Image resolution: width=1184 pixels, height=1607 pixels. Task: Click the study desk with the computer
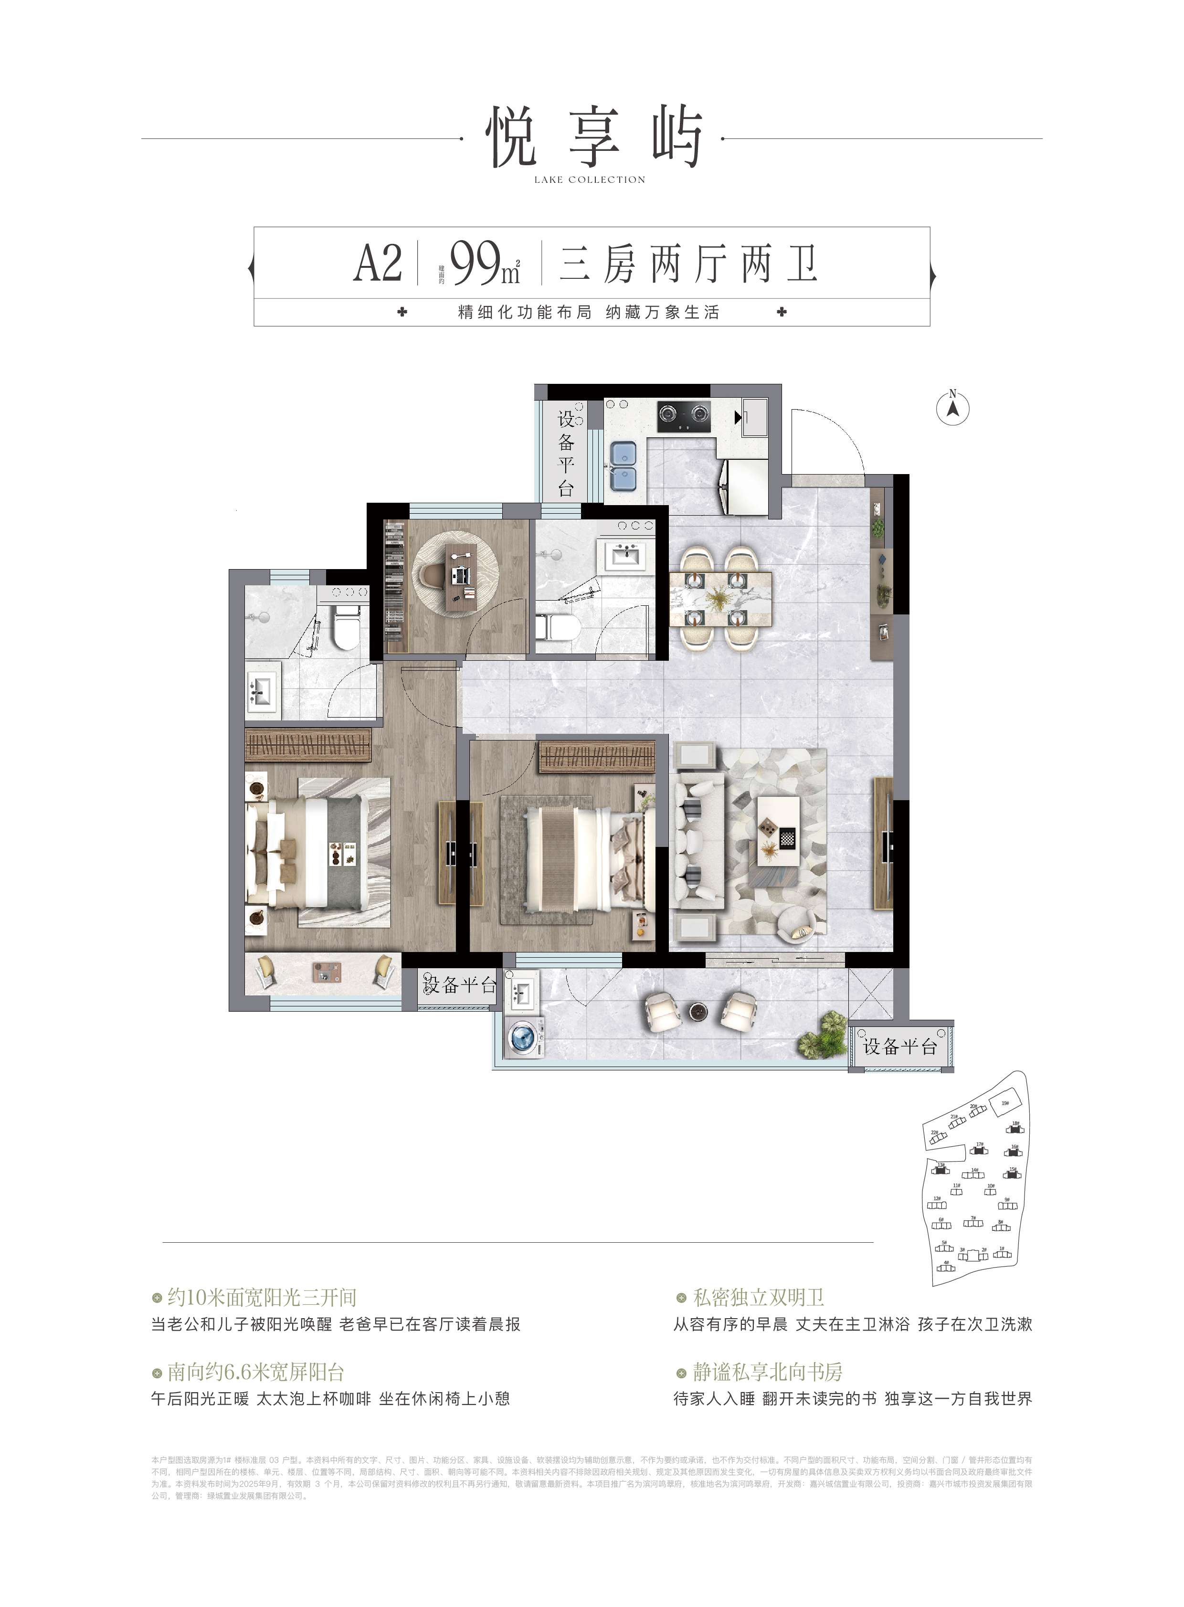coord(459,576)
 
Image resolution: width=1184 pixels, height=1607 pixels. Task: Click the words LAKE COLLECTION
coord(590,180)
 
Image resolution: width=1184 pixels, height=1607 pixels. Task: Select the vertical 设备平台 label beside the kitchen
coord(566,454)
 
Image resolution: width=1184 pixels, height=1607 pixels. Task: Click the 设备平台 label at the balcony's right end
coord(900,1047)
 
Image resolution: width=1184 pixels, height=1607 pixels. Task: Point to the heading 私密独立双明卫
coord(758,1297)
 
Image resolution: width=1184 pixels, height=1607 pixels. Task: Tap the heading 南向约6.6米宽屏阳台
coord(256,1372)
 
